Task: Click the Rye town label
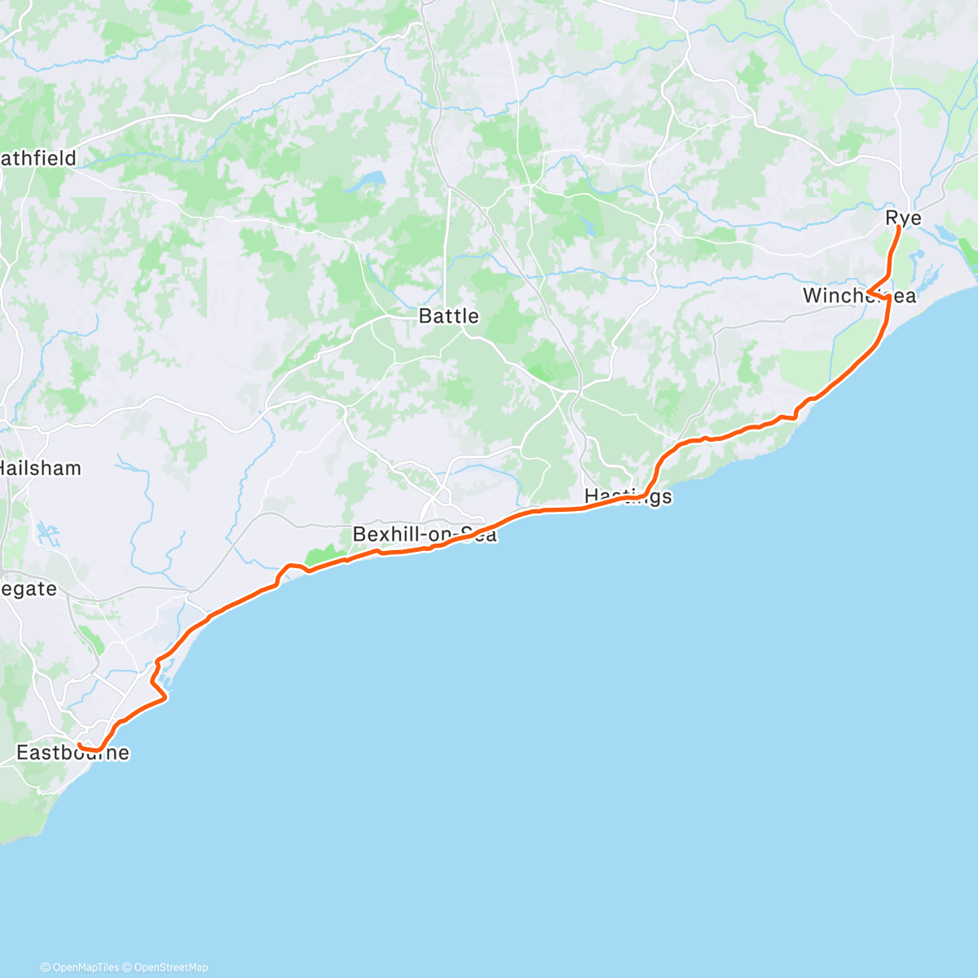(903, 218)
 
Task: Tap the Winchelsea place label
(859, 296)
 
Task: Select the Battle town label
(448, 316)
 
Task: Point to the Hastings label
(628, 496)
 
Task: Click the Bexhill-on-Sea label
(424, 535)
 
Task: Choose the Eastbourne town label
(73, 752)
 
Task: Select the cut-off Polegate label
(29, 588)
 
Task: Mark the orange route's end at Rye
(898, 227)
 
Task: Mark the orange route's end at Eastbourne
(78, 745)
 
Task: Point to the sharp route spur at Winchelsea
(869, 291)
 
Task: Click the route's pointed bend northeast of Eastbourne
(166, 698)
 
